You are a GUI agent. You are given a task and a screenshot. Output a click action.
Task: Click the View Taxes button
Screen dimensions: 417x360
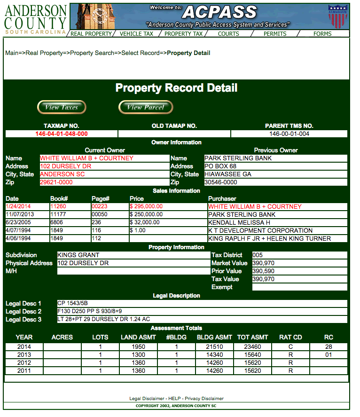pyautogui.click(x=61, y=107)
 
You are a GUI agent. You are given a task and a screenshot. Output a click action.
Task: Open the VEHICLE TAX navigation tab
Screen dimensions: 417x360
pyautogui.click(x=136, y=34)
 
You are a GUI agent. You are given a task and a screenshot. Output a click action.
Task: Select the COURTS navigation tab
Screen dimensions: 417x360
pyautogui.click(x=228, y=34)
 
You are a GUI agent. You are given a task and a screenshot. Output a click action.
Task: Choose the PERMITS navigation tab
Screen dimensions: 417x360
pyautogui.click(x=275, y=34)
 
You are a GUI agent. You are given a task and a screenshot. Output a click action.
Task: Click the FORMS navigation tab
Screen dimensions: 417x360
pyautogui.click(x=322, y=34)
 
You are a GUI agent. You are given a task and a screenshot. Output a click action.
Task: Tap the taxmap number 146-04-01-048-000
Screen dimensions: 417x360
pyautogui.click(x=62, y=134)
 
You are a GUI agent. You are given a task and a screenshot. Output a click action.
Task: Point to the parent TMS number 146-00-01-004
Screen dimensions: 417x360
pyautogui.click(x=289, y=134)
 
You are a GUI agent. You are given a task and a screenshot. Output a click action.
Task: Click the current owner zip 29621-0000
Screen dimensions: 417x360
pyautogui.click(x=56, y=182)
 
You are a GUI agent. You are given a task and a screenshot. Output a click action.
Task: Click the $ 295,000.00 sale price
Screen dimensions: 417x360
pyautogui.click(x=146, y=207)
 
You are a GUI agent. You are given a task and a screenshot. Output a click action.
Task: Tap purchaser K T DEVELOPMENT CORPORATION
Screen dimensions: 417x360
pyautogui.click(x=260, y=231)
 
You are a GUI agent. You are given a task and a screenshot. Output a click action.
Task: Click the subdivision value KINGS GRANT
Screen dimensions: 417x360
pyautogui.click(x=78, y=255)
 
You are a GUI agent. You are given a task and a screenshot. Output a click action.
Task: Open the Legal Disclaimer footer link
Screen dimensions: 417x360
pyautogui.click(x=146, y=399)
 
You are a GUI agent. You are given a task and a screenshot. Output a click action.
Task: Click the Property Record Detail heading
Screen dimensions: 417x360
pyautogui.click(x=176, y=88)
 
